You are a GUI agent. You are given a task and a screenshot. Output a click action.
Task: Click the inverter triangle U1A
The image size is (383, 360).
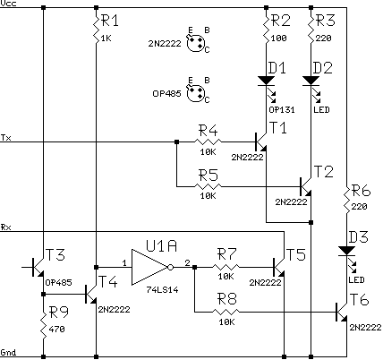(x=149, y=267)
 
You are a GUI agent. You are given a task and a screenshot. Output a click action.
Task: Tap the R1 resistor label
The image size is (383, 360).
(x=110, y=21)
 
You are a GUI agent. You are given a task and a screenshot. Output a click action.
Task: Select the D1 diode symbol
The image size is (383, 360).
(x=266, y=81)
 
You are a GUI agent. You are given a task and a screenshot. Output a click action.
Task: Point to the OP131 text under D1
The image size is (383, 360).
(x=282, y=110)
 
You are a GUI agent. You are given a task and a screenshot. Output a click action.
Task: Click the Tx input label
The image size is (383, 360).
(x=6, y=138)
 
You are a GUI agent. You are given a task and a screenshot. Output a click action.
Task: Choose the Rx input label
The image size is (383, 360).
(x=6, y=227)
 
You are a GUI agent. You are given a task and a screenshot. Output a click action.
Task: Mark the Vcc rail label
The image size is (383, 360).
(x=9, y=4)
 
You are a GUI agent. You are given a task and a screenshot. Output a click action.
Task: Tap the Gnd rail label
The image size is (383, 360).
(x=8, y=352)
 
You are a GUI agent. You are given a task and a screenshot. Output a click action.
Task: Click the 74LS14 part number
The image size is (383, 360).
(x=162, y=289)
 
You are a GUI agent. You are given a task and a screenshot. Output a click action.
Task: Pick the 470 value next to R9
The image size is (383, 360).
(x=56, y=329)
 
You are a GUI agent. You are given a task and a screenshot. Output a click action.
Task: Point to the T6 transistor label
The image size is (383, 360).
(x=360, y=299)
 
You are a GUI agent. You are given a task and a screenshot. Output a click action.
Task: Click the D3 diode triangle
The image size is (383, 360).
(x=346, y=251)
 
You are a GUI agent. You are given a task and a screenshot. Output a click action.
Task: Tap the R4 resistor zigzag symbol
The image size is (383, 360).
(x=208, y=141)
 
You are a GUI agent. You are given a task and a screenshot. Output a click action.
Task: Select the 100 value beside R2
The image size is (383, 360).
(x=279, y=39)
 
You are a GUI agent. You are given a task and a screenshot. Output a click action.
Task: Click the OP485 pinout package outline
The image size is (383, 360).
(x=196, y=93)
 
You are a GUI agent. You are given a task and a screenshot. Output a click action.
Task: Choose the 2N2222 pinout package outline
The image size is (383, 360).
(x=196, y=44)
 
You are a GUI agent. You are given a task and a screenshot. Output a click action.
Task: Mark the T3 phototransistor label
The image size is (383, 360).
(x=55, y=255)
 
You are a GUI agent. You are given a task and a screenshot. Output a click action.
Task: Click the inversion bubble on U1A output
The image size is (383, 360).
(x=170, y=267)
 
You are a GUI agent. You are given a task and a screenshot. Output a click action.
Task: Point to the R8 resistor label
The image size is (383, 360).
(x=227, y=298)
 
